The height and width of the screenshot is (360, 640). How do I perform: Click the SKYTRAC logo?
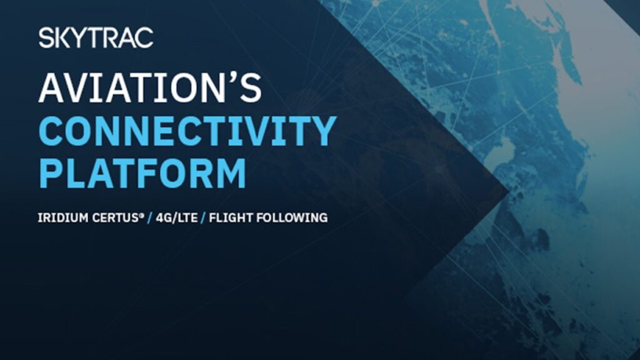coord(96,38)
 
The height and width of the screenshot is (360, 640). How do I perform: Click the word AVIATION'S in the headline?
coord(150,87)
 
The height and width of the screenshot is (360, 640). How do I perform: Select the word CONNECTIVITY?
coord(187,131)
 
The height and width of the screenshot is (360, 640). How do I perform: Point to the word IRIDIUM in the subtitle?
coord(63,217)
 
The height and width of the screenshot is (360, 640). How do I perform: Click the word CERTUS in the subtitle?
coord(116,217)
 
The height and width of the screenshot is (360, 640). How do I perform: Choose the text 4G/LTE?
coord(176,217)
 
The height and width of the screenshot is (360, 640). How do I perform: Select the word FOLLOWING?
coord(292,217)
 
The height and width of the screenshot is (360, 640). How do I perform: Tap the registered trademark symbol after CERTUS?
coord(142,215)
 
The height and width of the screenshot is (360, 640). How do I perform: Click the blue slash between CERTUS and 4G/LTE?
coord(150,218)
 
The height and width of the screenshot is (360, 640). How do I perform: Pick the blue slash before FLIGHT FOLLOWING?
coord(203,218)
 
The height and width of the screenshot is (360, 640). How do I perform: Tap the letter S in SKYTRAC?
coord(46,38)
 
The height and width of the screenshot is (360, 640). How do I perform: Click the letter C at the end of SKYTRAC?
coord(145,38)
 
